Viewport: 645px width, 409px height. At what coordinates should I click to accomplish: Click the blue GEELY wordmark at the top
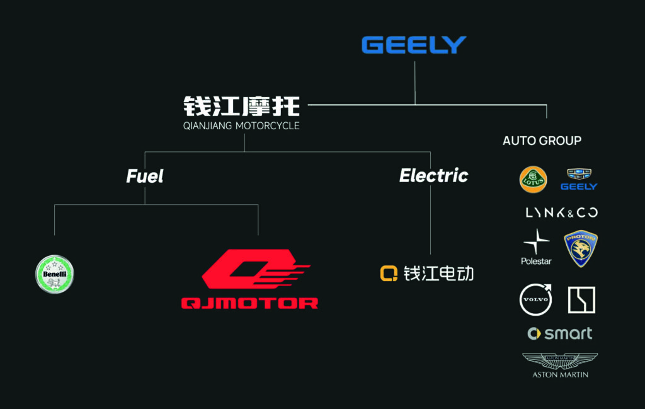tap(414, 45)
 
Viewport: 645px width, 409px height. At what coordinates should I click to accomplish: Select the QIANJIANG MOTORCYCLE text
tap(241, 126)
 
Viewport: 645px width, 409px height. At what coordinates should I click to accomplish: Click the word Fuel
tap(145, 176)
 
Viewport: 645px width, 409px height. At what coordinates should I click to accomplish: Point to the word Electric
tap(433, 176)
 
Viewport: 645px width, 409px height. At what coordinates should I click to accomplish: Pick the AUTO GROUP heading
tap(542, 141)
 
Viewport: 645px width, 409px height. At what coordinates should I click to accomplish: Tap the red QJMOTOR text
tap(249, 303)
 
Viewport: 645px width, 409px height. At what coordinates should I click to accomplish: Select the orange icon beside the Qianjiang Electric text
tap(389, 273)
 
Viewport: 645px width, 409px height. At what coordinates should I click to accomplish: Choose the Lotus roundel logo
tap(533, 179)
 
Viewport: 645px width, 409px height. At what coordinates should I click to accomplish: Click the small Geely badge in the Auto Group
tap(578, 179)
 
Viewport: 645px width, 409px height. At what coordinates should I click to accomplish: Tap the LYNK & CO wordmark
tap(561, 213)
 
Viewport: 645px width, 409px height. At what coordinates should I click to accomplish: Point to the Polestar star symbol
tap(536, 242)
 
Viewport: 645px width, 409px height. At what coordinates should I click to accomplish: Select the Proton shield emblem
tap(580, 248)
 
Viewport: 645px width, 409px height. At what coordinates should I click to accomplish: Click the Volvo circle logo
tap(535, 299)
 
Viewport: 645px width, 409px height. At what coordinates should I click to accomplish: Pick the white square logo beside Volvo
tap(581, 300)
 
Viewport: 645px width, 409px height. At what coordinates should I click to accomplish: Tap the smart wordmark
tap(560, 333)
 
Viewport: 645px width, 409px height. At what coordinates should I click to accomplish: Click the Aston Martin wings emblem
tap(560, 361)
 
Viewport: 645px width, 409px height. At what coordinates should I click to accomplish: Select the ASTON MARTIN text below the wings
tap(560, 374)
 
